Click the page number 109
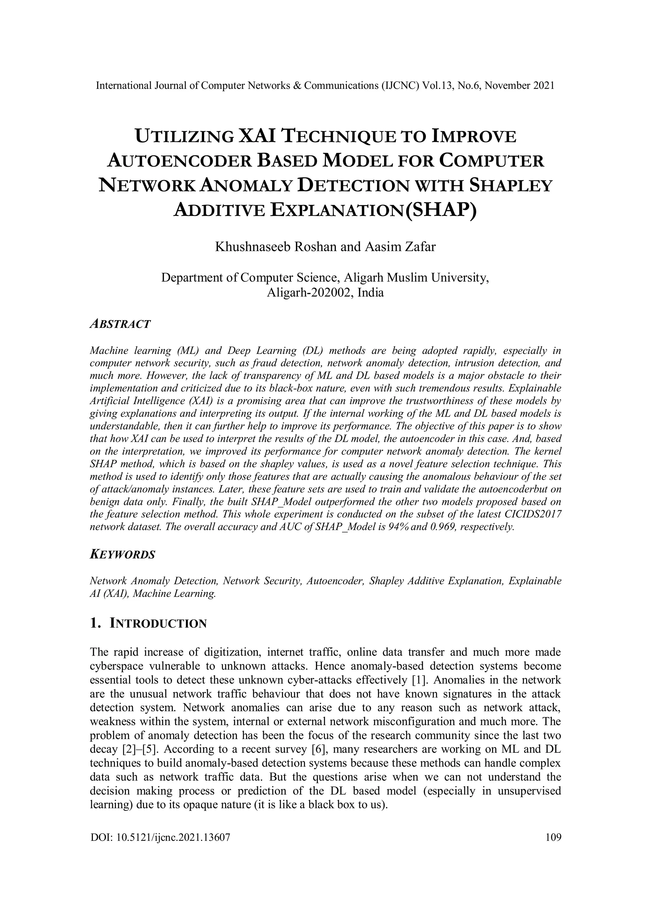click(x=553, y=837)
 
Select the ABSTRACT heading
click(x=120, y=324)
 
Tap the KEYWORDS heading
click(x=122, y=555)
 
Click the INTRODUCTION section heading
click(x=158, y=624)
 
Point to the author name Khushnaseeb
click(x=253, y=247)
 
